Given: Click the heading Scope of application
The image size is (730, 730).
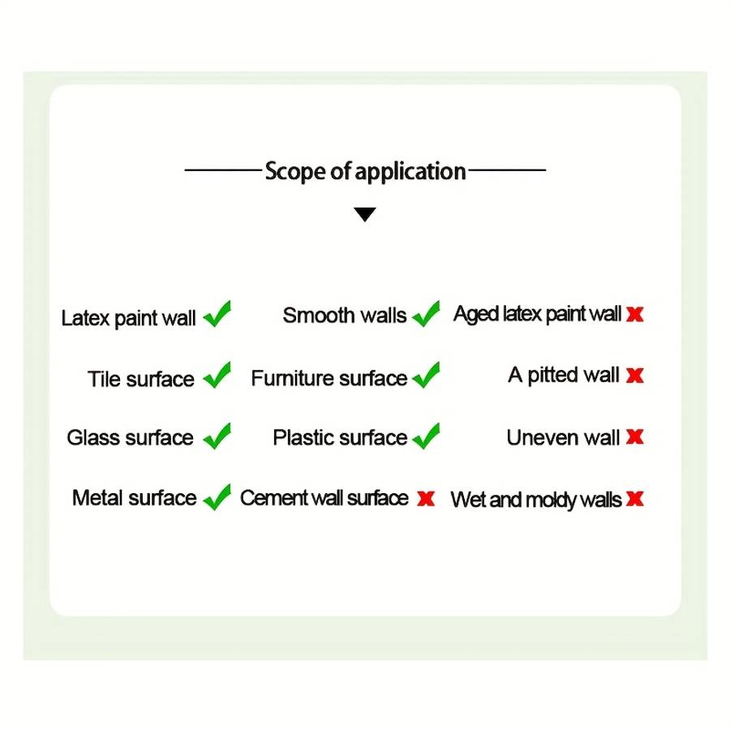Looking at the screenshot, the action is point(366,171).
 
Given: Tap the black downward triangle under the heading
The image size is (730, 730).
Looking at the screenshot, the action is point(364,214).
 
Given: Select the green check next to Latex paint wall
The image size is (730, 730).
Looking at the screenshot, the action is point(217,314).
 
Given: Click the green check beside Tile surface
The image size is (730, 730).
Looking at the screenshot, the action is point(217,376).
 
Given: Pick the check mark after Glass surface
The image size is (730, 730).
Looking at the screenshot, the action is point(217,436).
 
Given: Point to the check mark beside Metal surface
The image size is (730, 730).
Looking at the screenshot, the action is point(217,497).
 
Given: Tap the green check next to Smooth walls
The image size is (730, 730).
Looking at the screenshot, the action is point(426,314).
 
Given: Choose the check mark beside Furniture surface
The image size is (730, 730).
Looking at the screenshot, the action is point(426,376).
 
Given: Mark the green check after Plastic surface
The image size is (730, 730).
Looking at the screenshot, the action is point(426,436).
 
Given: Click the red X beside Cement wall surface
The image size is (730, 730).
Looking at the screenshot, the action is point(426,499).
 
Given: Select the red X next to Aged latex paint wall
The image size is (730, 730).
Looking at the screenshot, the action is point(635,314).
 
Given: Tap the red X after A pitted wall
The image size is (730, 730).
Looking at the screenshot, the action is point(635,376).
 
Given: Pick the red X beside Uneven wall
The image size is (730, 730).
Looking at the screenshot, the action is point(635,436).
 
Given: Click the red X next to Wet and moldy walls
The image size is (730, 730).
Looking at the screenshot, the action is point(635,499).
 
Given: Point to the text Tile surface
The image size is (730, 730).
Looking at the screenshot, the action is point(141,379).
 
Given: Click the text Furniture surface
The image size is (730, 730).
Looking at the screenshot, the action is point(329,377).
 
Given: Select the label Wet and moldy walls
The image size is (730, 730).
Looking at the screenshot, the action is point(536,500).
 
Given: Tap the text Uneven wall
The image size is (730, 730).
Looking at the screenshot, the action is point(564,437).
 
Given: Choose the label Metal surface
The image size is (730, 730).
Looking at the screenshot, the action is point(135,498).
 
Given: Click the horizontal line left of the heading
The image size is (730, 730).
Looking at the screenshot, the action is point(224,170).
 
